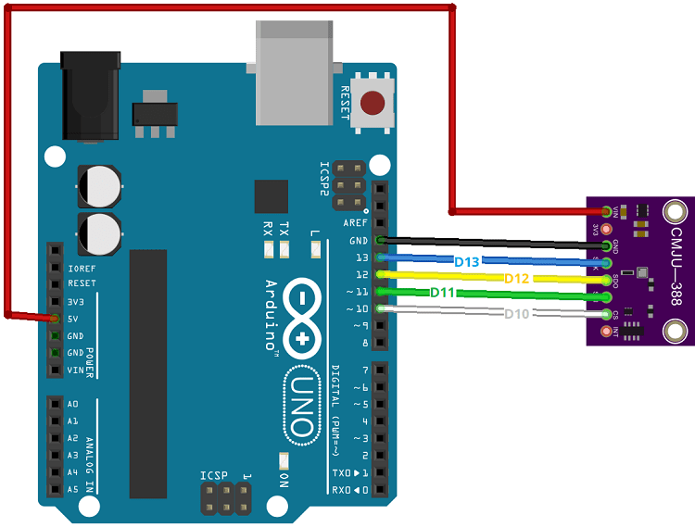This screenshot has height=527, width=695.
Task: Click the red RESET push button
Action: pos(373,103)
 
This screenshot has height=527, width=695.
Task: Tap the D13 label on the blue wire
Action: pos(467,262)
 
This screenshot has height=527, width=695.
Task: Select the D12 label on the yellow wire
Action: pos(517,279)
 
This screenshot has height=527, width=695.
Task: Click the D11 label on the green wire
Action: pos(442,293)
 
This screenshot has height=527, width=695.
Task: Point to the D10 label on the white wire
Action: pos(517,314)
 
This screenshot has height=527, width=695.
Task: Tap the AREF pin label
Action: pos(355,223)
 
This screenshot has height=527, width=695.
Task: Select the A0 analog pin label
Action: pos(73,405)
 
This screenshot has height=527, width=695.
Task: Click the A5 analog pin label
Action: pos(73,489)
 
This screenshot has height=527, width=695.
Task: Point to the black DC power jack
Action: pos(90,97)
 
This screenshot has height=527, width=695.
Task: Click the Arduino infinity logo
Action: pos(301,319)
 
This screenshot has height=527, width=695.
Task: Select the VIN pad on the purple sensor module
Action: pos(607,212)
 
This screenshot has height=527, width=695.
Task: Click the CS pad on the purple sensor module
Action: pos(607,315)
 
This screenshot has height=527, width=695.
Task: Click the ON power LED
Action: pos(283,460)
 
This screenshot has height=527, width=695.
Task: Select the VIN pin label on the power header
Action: pos(75,370)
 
